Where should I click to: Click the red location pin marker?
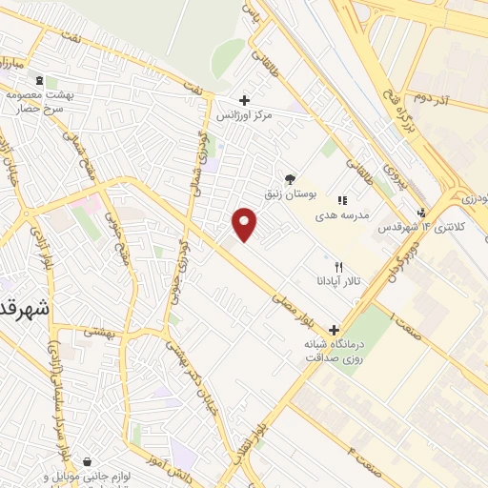245,224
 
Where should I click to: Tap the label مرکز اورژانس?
244,115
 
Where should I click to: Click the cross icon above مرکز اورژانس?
245,99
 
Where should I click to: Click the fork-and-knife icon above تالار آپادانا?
338,268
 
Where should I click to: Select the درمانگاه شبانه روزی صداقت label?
334,350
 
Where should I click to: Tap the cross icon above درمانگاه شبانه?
334,329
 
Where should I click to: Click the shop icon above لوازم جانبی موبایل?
88,461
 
